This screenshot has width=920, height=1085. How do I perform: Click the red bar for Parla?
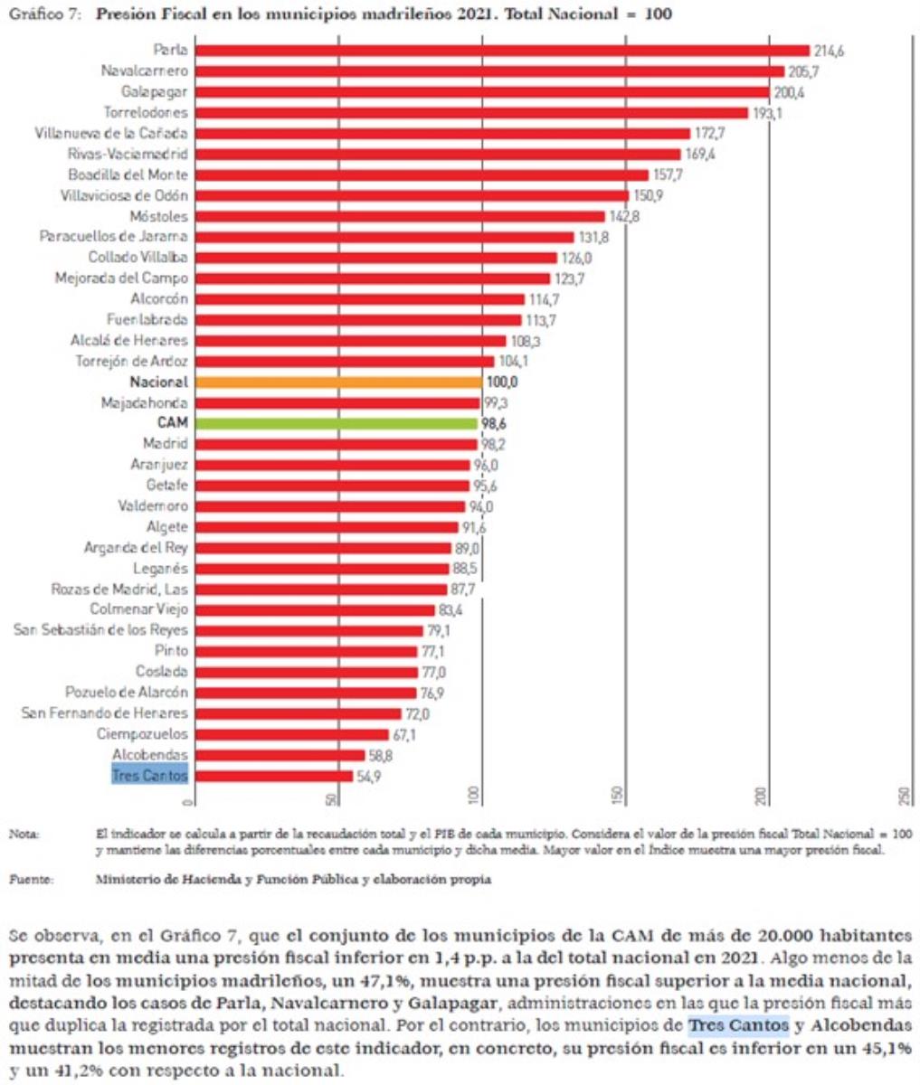(502, 51)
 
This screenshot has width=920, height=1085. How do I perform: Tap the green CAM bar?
(336, 423)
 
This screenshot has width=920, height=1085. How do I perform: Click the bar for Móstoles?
(400, 217)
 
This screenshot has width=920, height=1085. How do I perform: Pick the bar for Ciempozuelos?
(291, 734)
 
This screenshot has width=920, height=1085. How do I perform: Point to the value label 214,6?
(829, 51)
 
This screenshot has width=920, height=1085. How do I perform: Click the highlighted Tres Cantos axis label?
(150, 776)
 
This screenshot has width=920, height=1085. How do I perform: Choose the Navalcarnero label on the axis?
(144, 71)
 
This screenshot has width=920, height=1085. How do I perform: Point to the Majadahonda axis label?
(145, 403)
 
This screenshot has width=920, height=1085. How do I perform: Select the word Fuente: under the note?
(31, 879)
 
